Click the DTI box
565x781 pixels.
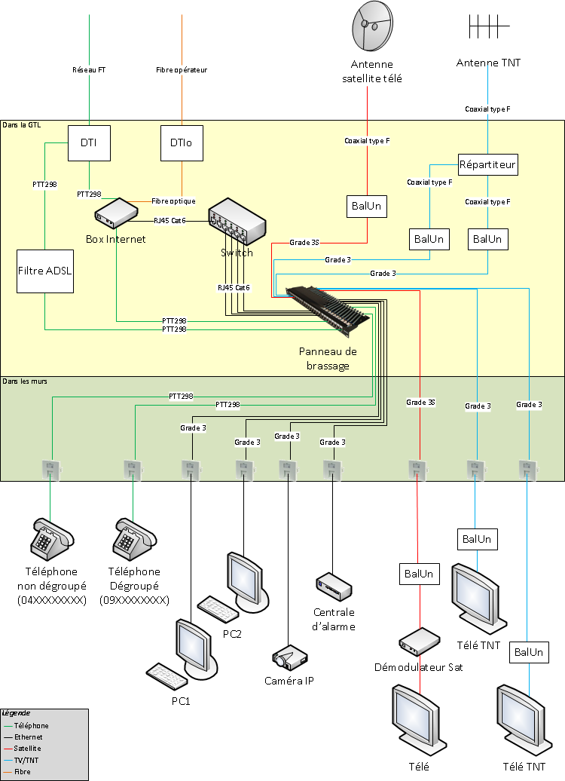point(90,142)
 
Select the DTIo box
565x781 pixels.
point(181,142)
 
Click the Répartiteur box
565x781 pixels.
point(488,164)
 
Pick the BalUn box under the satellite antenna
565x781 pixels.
point(367,206)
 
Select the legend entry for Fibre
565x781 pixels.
point(23,771)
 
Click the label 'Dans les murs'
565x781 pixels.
point(25,382)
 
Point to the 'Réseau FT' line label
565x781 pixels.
point(89,69)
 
